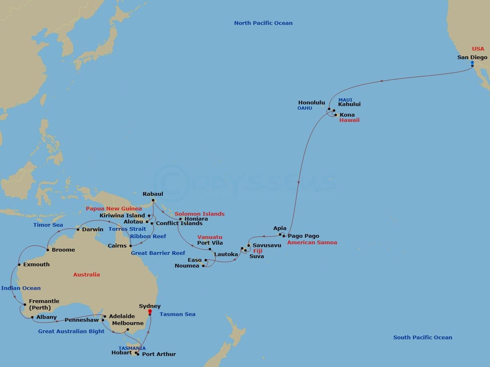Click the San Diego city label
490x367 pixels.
(472, 57)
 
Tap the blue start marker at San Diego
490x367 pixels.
(472, 63)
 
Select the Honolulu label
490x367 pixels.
(312, 103)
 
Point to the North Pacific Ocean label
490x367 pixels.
(263, 23)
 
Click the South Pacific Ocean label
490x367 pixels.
(423, 337)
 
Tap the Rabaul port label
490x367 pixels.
(153, 194)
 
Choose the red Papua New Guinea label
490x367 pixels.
(114, 209)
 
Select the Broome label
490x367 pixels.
(63, 250)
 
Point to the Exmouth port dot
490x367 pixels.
(19, 265)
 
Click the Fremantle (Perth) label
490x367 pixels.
(44, 304)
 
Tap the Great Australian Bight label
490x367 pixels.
(71, 332)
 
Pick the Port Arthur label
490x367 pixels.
(159, 354)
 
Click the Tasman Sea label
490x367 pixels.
(177, 314)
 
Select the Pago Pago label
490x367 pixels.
(303, 236)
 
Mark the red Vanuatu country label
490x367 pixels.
(210, 237)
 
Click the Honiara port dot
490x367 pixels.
(180, 219)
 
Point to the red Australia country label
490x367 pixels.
(86, 275)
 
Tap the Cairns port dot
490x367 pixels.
(131, 245)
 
